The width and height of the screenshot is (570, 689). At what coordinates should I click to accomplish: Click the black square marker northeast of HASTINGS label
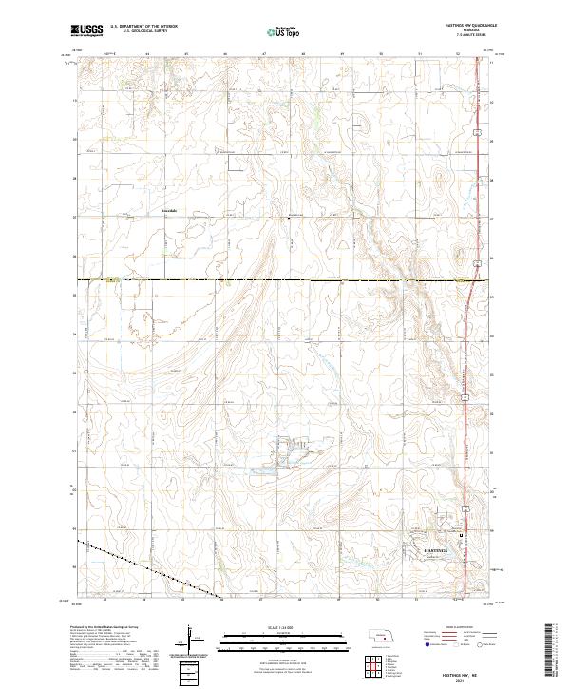point(461,535)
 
